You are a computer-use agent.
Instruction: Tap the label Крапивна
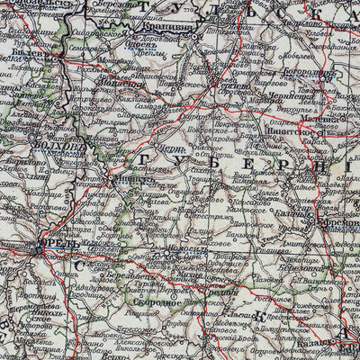point(184,28)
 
